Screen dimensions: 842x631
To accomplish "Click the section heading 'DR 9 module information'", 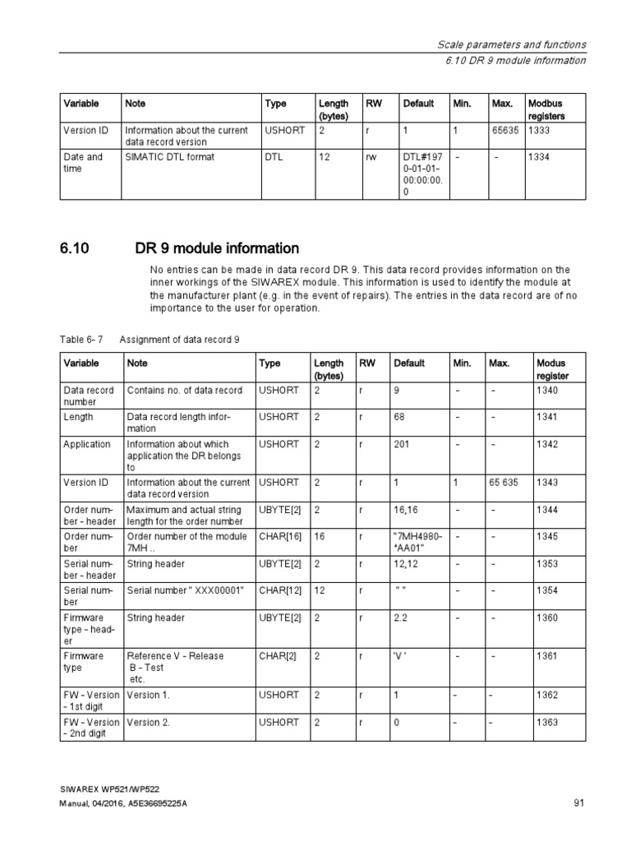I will coord(217,248).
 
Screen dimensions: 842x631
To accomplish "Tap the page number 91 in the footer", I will coord(578,803).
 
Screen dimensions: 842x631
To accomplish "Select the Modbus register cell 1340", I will coord(546,390).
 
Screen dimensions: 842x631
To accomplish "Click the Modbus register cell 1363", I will coord(546,722).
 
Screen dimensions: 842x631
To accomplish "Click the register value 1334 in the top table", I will coord(539,157).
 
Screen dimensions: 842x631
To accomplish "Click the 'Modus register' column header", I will coord(552,369).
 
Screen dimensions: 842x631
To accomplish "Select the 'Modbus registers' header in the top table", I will coord(546,110).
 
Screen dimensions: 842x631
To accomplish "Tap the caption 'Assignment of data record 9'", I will coord(179,339).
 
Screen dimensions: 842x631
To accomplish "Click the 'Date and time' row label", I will coord(83,163).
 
